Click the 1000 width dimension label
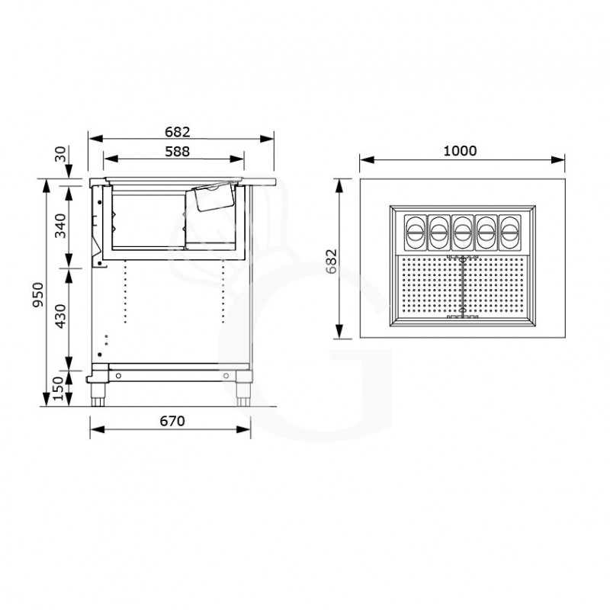pyautogui.click(x=460, y=150)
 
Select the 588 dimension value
pyautogui.click(x=177, y=150)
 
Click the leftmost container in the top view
pyautogui.click(x=416, y=232)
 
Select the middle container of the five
pyautogui.click(x=462, y=232)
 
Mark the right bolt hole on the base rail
pyautogui.click(x=226, y=376)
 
